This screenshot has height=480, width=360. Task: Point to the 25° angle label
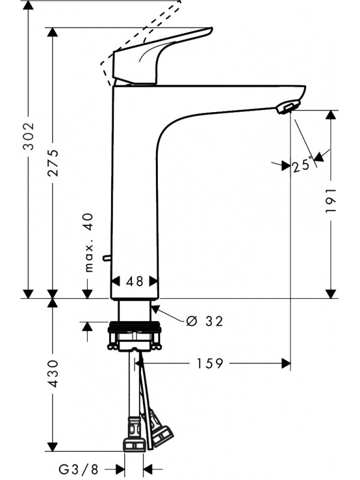point(302,164)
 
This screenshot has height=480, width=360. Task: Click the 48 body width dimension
point(136,281)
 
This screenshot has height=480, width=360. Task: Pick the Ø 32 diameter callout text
point(205,321)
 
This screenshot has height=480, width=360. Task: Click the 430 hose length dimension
point(53,373)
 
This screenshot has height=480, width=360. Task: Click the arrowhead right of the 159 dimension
point(286,364)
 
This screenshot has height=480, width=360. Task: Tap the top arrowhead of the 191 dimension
point(331,115)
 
